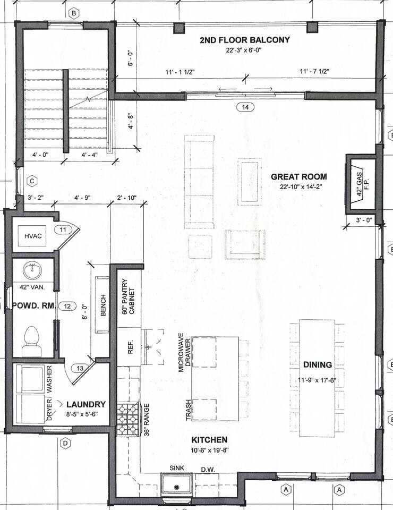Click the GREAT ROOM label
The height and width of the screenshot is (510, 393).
pyautogui.click(x=298, y=176)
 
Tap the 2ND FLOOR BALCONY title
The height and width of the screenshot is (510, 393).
pyautogui.click(x=244, y=40)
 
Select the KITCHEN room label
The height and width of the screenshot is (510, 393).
pyautogui.click(x=209, y=440)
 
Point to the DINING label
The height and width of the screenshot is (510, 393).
pyautogui.click(x=318, y=364)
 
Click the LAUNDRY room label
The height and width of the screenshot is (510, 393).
pyautogui.click(x=86, y=404)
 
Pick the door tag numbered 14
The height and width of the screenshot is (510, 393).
pyautogui.click(x=245, y=107)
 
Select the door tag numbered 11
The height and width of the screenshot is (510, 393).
pyautogui.click(x=63, y=229)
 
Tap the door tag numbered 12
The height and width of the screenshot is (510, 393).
pyautogui.click(x=67, y=306)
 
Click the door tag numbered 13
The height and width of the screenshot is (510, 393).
pyautogui.click(x=80, y=368)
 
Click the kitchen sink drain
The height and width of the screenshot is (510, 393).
pyautogui.click(x=176, y=487)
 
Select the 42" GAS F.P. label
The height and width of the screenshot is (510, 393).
pyautogui.click(x=362, y=184)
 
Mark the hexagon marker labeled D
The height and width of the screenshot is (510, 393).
pyautogui.click(x=65, y=443)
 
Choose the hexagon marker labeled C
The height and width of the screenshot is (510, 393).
pyautogui.click(x=32, y=181)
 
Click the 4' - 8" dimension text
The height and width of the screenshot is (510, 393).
pyautogui.click(x=131, y=121)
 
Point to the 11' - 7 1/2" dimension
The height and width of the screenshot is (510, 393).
pyautogui.click(x=314, y=71)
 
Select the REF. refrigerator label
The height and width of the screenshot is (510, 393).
pyautogui.click(x=131, y=347)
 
